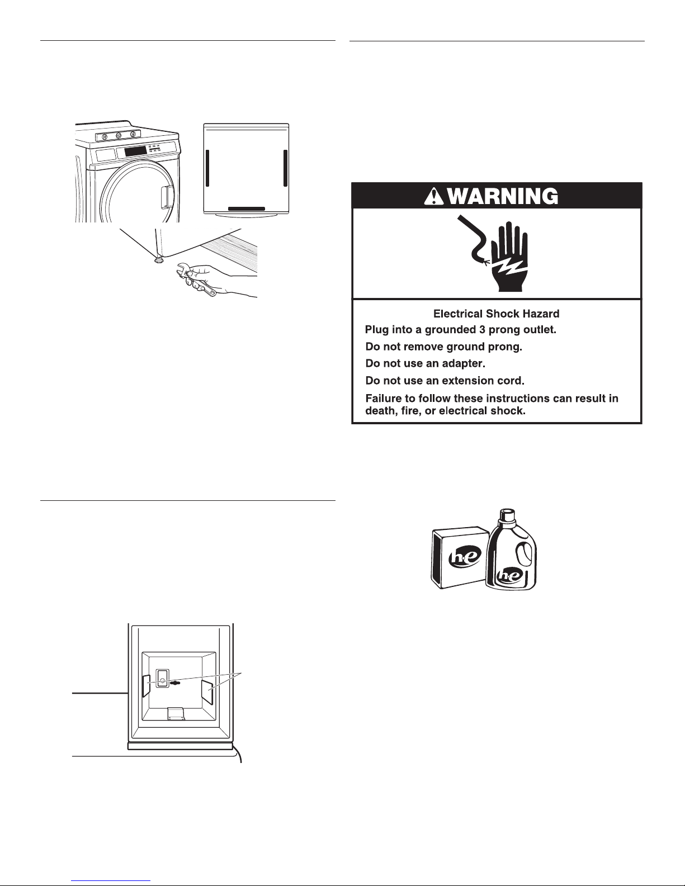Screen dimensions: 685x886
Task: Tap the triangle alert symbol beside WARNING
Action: (x=434, y=197)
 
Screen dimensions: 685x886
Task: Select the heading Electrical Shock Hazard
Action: (x=496, y=314)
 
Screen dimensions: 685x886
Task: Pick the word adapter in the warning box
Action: (x=464, y=363)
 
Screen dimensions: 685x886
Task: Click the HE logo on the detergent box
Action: (x=465, y=557)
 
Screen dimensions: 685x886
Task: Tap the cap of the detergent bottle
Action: (x=507, y=516)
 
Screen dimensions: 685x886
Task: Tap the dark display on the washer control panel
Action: (x=135, y=151)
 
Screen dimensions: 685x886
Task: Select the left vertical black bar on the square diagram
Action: (x=207, y=168)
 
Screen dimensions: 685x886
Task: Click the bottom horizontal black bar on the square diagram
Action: (x=246, y=209)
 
